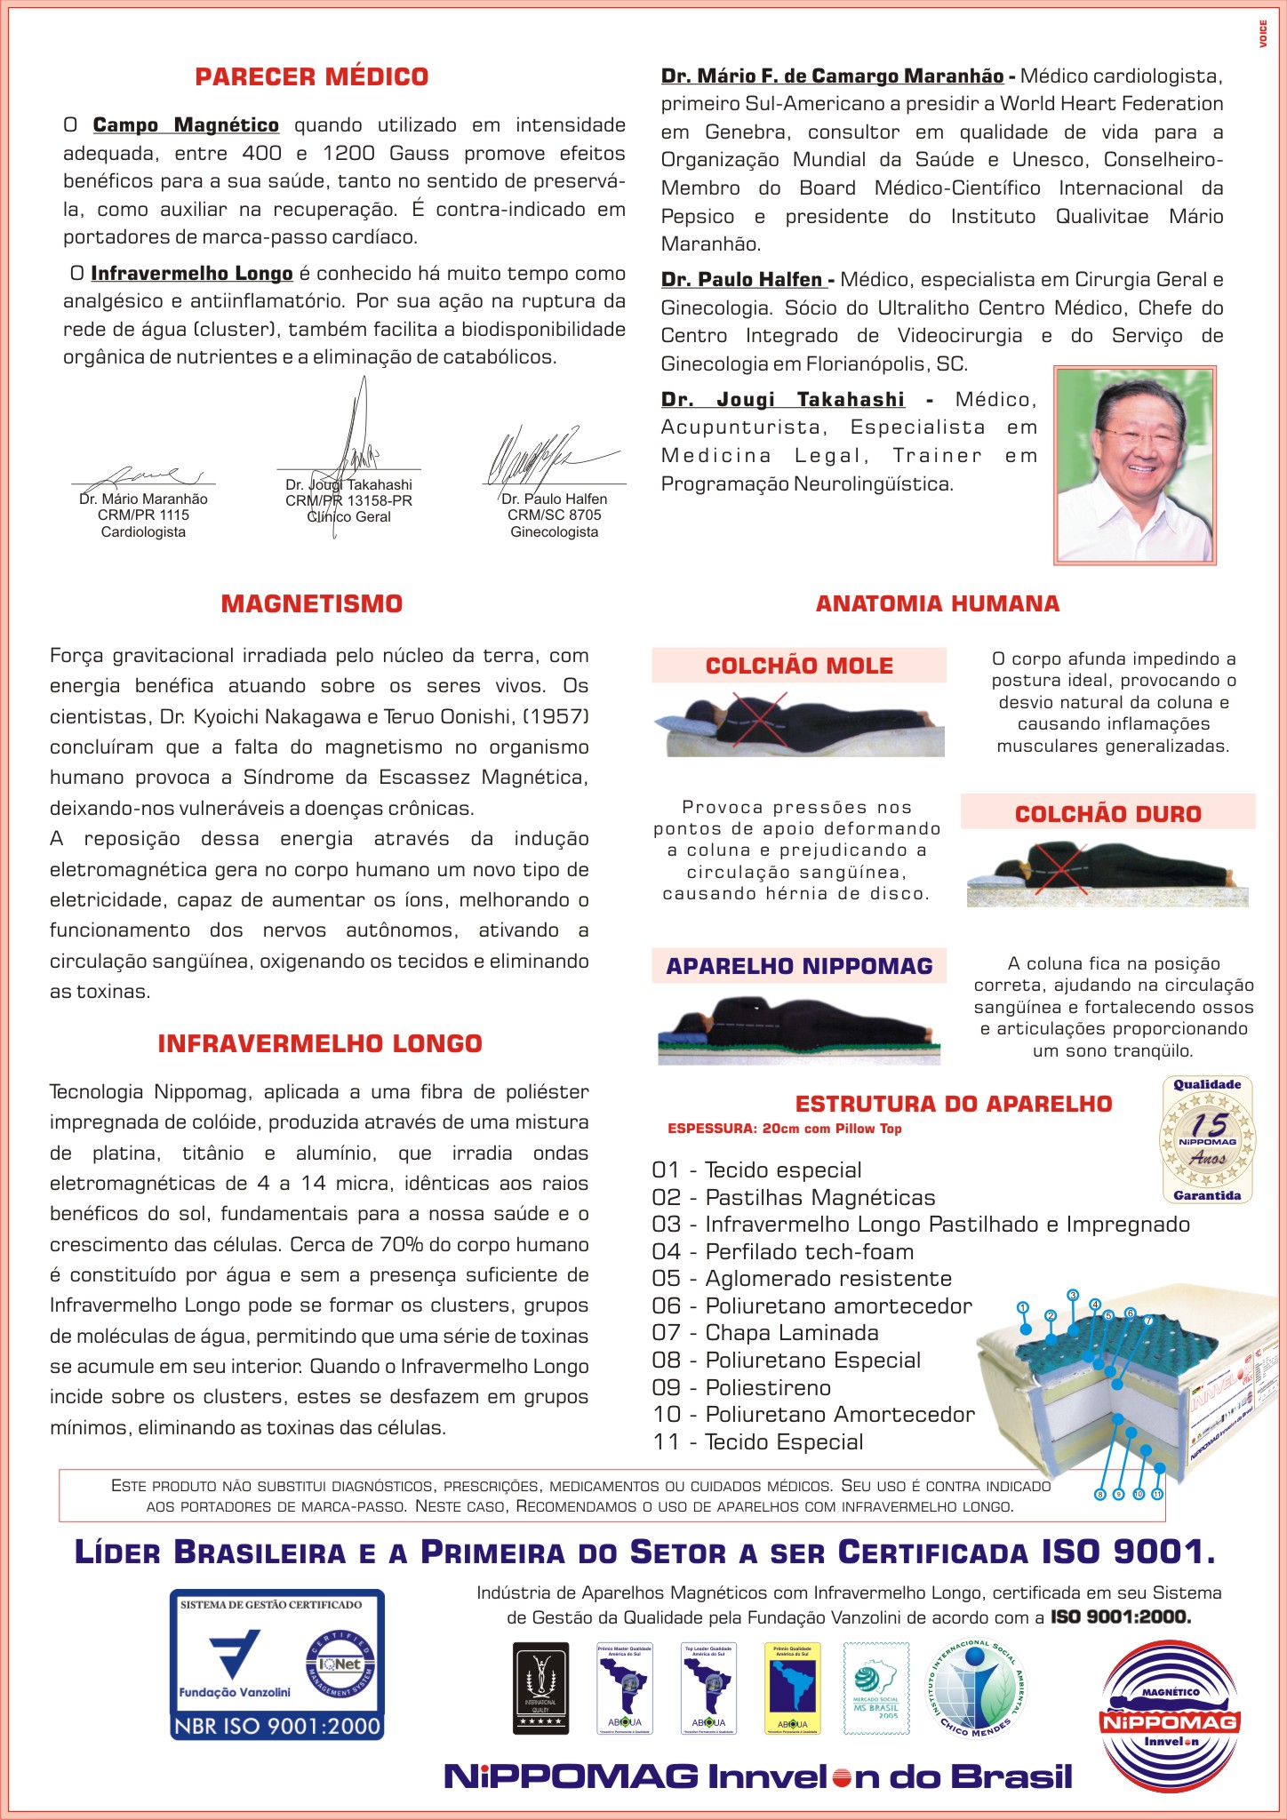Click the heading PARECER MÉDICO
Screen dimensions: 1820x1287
click(312, 77)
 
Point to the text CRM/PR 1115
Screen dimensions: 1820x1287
click(143, 515)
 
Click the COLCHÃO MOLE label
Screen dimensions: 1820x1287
click(799, 666)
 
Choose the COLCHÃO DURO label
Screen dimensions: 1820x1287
click(1107, 814)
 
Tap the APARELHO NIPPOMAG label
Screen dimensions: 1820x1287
click(799, 966)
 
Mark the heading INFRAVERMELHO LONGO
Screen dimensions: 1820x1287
click(320, 1043)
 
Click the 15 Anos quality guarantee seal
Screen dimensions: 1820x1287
click(1207, 1139)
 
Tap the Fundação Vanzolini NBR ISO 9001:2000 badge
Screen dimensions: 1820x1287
click(277, 1664)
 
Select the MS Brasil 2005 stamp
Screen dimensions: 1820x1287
click(875, 1688)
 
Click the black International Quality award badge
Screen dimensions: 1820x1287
click(540, 1688)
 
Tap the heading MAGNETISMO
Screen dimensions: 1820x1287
click(312, 604)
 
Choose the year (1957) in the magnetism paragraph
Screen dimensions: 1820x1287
click(556, 716)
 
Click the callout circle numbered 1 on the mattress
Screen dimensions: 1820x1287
click(1023, 1307)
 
